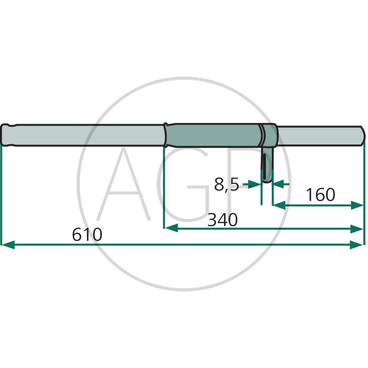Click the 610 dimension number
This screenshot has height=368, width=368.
pos(87,235)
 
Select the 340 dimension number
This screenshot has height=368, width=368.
pos(223,220)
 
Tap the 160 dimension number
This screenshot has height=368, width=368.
pos(321,195)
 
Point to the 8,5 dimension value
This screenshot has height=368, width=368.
pos(226,184)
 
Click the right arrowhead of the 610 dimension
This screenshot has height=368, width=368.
pos(356,245)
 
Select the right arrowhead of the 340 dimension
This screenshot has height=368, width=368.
pos(356,228)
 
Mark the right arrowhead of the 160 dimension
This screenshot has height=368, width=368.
pos(357,205)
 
